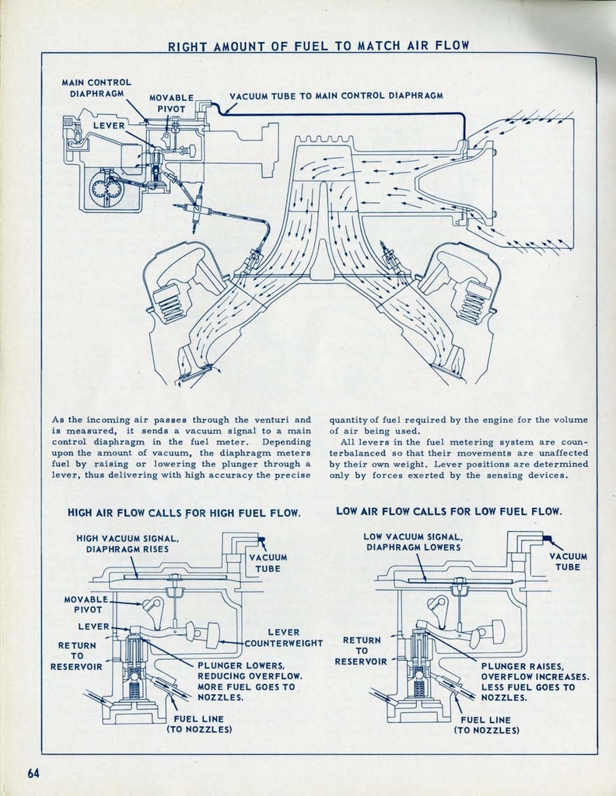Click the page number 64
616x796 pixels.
tap(33, 773)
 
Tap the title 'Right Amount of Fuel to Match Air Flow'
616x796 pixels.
tap(319, 46)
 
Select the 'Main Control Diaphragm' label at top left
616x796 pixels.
tap(96, 87)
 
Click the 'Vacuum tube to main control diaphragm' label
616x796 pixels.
tap(336, 96)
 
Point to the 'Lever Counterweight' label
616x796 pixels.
tap(283, 638)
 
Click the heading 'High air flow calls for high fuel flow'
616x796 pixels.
tap(184, 513)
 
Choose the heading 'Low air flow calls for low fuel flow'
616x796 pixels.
tap(449, 511)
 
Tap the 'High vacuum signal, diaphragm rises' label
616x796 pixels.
tap(128, 543)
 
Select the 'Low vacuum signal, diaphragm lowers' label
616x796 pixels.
tap(413, 542)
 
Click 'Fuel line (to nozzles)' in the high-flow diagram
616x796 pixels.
tap(198, 724)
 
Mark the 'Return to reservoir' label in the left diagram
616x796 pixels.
tap(76, 656)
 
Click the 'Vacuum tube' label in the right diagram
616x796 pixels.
tap(568, 561)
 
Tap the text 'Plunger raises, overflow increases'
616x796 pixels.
tap(534, 671)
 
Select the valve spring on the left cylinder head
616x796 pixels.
tap(170, 302)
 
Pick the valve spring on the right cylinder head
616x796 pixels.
tap(474, 300)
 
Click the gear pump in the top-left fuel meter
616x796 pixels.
tap(105, 189)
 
